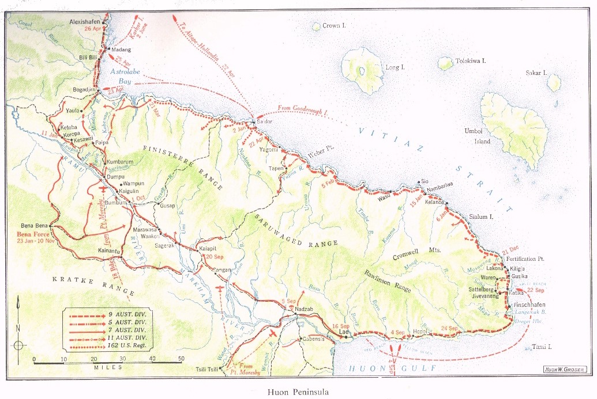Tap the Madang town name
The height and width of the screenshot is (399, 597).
click(122, 50)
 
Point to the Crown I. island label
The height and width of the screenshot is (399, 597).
click(334, 26)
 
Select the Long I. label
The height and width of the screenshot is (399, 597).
click(395, 67)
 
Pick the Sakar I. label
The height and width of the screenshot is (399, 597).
click(536, 73)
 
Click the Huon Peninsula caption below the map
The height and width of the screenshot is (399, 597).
click(298, 393)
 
